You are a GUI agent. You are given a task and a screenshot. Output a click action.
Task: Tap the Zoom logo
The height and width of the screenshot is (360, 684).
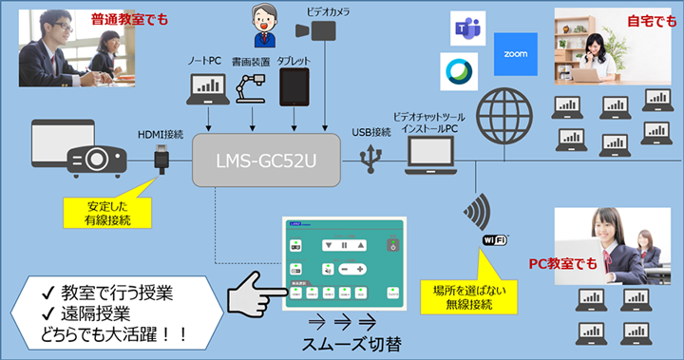tap(516, 54)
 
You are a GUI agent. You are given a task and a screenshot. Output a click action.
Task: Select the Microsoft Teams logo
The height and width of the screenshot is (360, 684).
tap(465, 29)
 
